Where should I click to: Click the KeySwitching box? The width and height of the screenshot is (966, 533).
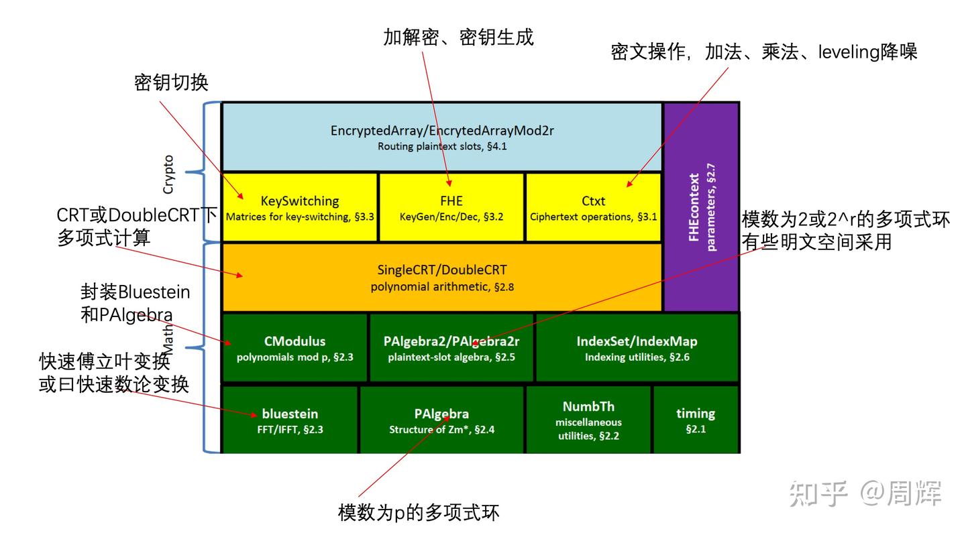pyautogui.click(x=300, y=207)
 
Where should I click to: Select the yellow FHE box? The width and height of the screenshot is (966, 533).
pyautogui.click(x=451, y=207)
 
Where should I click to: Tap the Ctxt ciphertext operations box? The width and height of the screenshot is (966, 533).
pyautogui.click(x=593, y=207)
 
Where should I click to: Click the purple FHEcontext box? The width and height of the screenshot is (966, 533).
pyautogui.click(x=701, y=206)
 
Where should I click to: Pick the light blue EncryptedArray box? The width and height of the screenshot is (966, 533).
pyautogui.click(x=442, y=137)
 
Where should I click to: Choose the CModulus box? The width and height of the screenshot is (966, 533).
pyautogui.click(x=294, y=348)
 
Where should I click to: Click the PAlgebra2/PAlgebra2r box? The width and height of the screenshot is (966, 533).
pyautogui.click(x=451, y=348)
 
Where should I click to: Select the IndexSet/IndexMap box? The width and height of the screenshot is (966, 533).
pyautogui.click(x=637, y=348)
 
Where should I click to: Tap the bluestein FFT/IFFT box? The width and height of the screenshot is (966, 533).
pyautogui.click(x=290, y=420)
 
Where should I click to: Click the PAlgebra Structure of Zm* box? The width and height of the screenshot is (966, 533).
pyautogui.click(x=441, y=420)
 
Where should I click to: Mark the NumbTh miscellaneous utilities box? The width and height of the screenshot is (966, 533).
pyautogui.click(x=588, y=420)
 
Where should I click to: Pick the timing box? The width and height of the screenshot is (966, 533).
pyautogui.click(x=696, y=420)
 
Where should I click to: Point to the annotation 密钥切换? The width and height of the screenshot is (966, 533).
pyautogui.click(x=171, y=82)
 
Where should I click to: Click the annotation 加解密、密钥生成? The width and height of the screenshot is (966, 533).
pyautogui.click(x=458, y=37)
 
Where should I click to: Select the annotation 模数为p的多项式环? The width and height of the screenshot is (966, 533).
pyautogui.click(x=419, y=514)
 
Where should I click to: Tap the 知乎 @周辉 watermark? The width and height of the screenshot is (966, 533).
pyautogui.click(x=865, y=493)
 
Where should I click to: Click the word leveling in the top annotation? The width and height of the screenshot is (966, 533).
pyautogui.click(x=847, y=52)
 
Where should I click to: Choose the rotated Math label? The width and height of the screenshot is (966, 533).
pyautogui.click(x=168, y=339)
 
